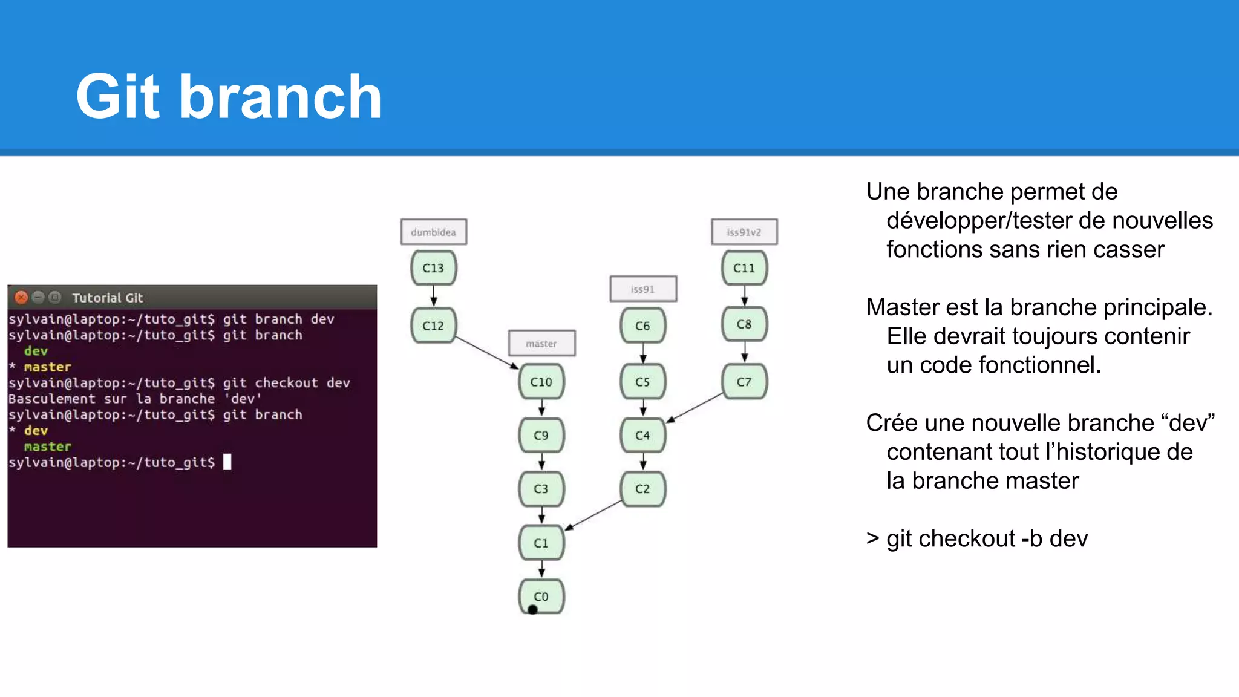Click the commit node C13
click(x=433, y=268)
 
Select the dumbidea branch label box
click(x=433, y=232)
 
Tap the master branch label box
click(x=541, y=344)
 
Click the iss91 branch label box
click(x=642, y=289)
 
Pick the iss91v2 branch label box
click(x=744, y=232)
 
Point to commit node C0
click(x=541, y=596)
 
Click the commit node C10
click(x=541, y=382)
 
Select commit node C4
click(x=642, y=435)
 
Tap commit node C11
click(x=744, y=268)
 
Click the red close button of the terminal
click(x=21, y=297)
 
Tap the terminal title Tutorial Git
click(x=107, y=298)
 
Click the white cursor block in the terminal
click(x=227, y=462)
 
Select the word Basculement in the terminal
click(x=51, y=399)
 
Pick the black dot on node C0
click(x=533, y=609)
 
